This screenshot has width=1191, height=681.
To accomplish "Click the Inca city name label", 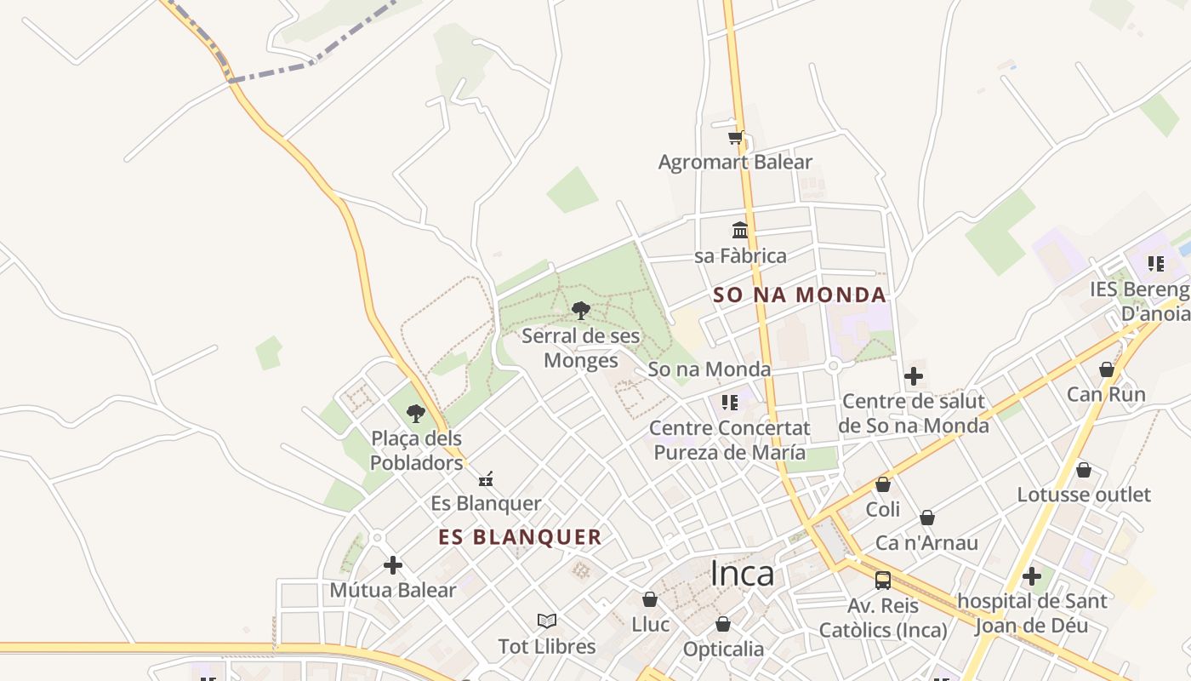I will (742, 574).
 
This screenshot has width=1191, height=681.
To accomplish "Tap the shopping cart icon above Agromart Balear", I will (736, 136).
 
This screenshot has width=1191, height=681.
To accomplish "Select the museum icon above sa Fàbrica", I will (740, 230).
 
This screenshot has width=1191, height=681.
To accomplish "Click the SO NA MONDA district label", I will (800, 295).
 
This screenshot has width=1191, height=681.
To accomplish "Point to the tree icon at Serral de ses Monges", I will (580, 310).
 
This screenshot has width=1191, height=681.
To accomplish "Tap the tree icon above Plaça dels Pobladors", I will (416, 414).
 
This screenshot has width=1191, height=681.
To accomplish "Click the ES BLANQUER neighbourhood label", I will (520, 537).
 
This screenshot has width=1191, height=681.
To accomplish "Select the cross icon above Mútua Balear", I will (393, 564).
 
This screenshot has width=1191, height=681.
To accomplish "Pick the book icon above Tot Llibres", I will (547, 621).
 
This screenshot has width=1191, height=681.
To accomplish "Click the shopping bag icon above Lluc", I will (650, 599).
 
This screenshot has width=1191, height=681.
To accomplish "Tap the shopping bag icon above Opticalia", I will (723, 624).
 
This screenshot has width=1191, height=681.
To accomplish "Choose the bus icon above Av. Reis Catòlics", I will (883, 581).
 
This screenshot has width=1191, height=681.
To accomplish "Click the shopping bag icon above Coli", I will (883, 484).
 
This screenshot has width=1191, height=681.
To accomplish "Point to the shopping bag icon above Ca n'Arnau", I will (927, 518).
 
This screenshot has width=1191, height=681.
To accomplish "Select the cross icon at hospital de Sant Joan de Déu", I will (1032, 576).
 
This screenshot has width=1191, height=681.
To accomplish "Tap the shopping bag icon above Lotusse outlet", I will (1084, 470).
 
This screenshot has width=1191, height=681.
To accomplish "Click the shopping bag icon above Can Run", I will (1107, 369).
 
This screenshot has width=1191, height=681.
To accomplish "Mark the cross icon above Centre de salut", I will (914, 375).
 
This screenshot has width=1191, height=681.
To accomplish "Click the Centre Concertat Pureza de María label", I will (729, 439).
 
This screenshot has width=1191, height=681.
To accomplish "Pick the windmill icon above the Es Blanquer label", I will (486, 479).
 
